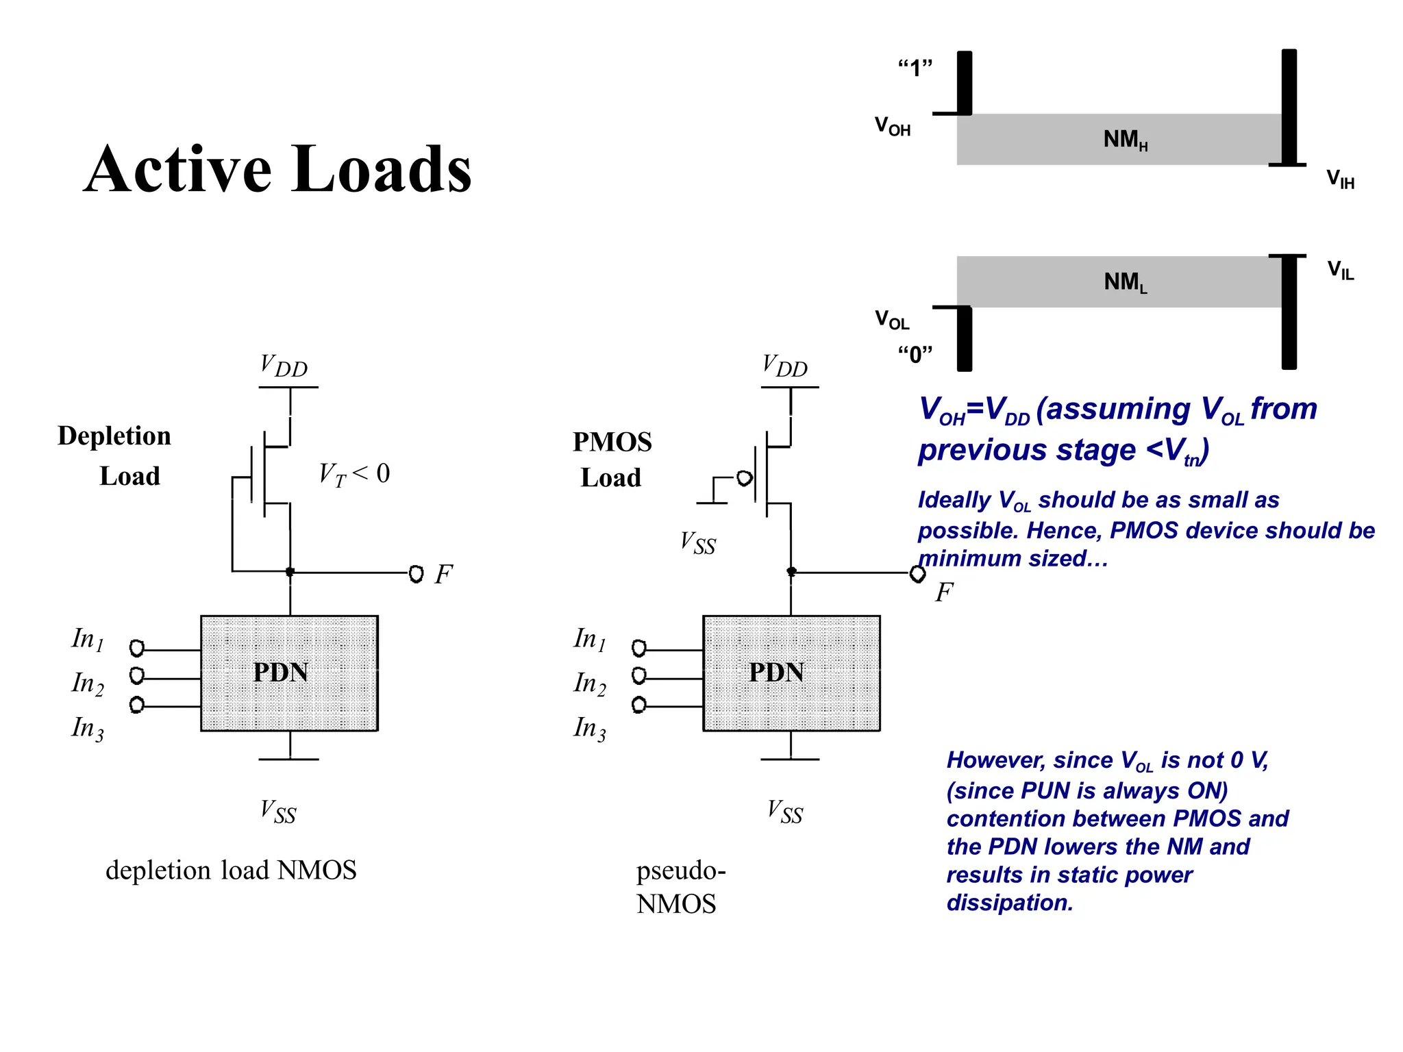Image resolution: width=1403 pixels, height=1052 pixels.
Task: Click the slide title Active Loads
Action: point(277,169)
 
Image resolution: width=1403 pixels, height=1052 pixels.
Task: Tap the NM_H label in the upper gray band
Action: point(1125,140)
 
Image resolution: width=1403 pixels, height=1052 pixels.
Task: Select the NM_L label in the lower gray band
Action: point(1125,281)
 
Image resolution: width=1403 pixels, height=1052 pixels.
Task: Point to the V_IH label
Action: point(1340,179)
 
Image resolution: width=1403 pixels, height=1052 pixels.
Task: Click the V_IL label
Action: point(1340,270)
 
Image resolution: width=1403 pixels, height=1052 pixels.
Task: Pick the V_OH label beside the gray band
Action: point(892,126)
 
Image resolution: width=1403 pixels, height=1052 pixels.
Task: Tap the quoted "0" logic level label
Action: point(915,354)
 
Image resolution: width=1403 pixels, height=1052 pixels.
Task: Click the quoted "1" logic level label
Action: point(915,68)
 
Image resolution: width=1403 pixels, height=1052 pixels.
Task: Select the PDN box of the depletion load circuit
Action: point(289,673)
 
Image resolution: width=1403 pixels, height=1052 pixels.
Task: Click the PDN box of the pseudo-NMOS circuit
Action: point(791,673)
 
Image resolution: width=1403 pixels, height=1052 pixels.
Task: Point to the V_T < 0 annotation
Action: point(354,474)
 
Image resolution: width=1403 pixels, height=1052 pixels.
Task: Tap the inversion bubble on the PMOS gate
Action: point(745,478)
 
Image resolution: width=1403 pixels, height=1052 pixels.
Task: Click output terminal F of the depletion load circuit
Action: point(416,573)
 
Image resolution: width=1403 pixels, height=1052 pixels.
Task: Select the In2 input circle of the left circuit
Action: point(137,676)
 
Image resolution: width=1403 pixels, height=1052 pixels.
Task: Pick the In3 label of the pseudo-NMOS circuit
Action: point(589,728)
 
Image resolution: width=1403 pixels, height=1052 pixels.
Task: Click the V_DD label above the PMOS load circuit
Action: point(784,365)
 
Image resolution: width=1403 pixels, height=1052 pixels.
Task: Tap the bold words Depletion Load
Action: point(115,455)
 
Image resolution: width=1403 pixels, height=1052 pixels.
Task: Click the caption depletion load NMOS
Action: point(231,871)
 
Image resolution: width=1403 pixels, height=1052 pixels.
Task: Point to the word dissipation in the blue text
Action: point(1009,903)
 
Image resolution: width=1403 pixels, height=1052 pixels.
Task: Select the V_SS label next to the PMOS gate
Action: point(697,543)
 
